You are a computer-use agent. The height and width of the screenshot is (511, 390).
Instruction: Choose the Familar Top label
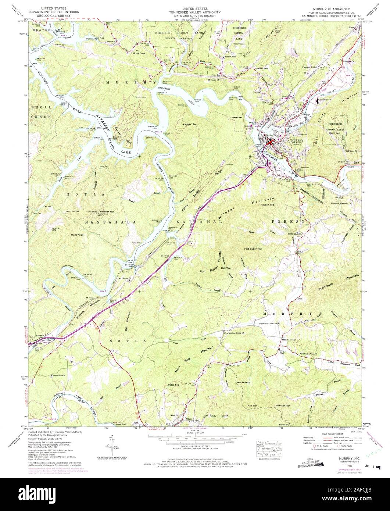[x=190, y=125]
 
